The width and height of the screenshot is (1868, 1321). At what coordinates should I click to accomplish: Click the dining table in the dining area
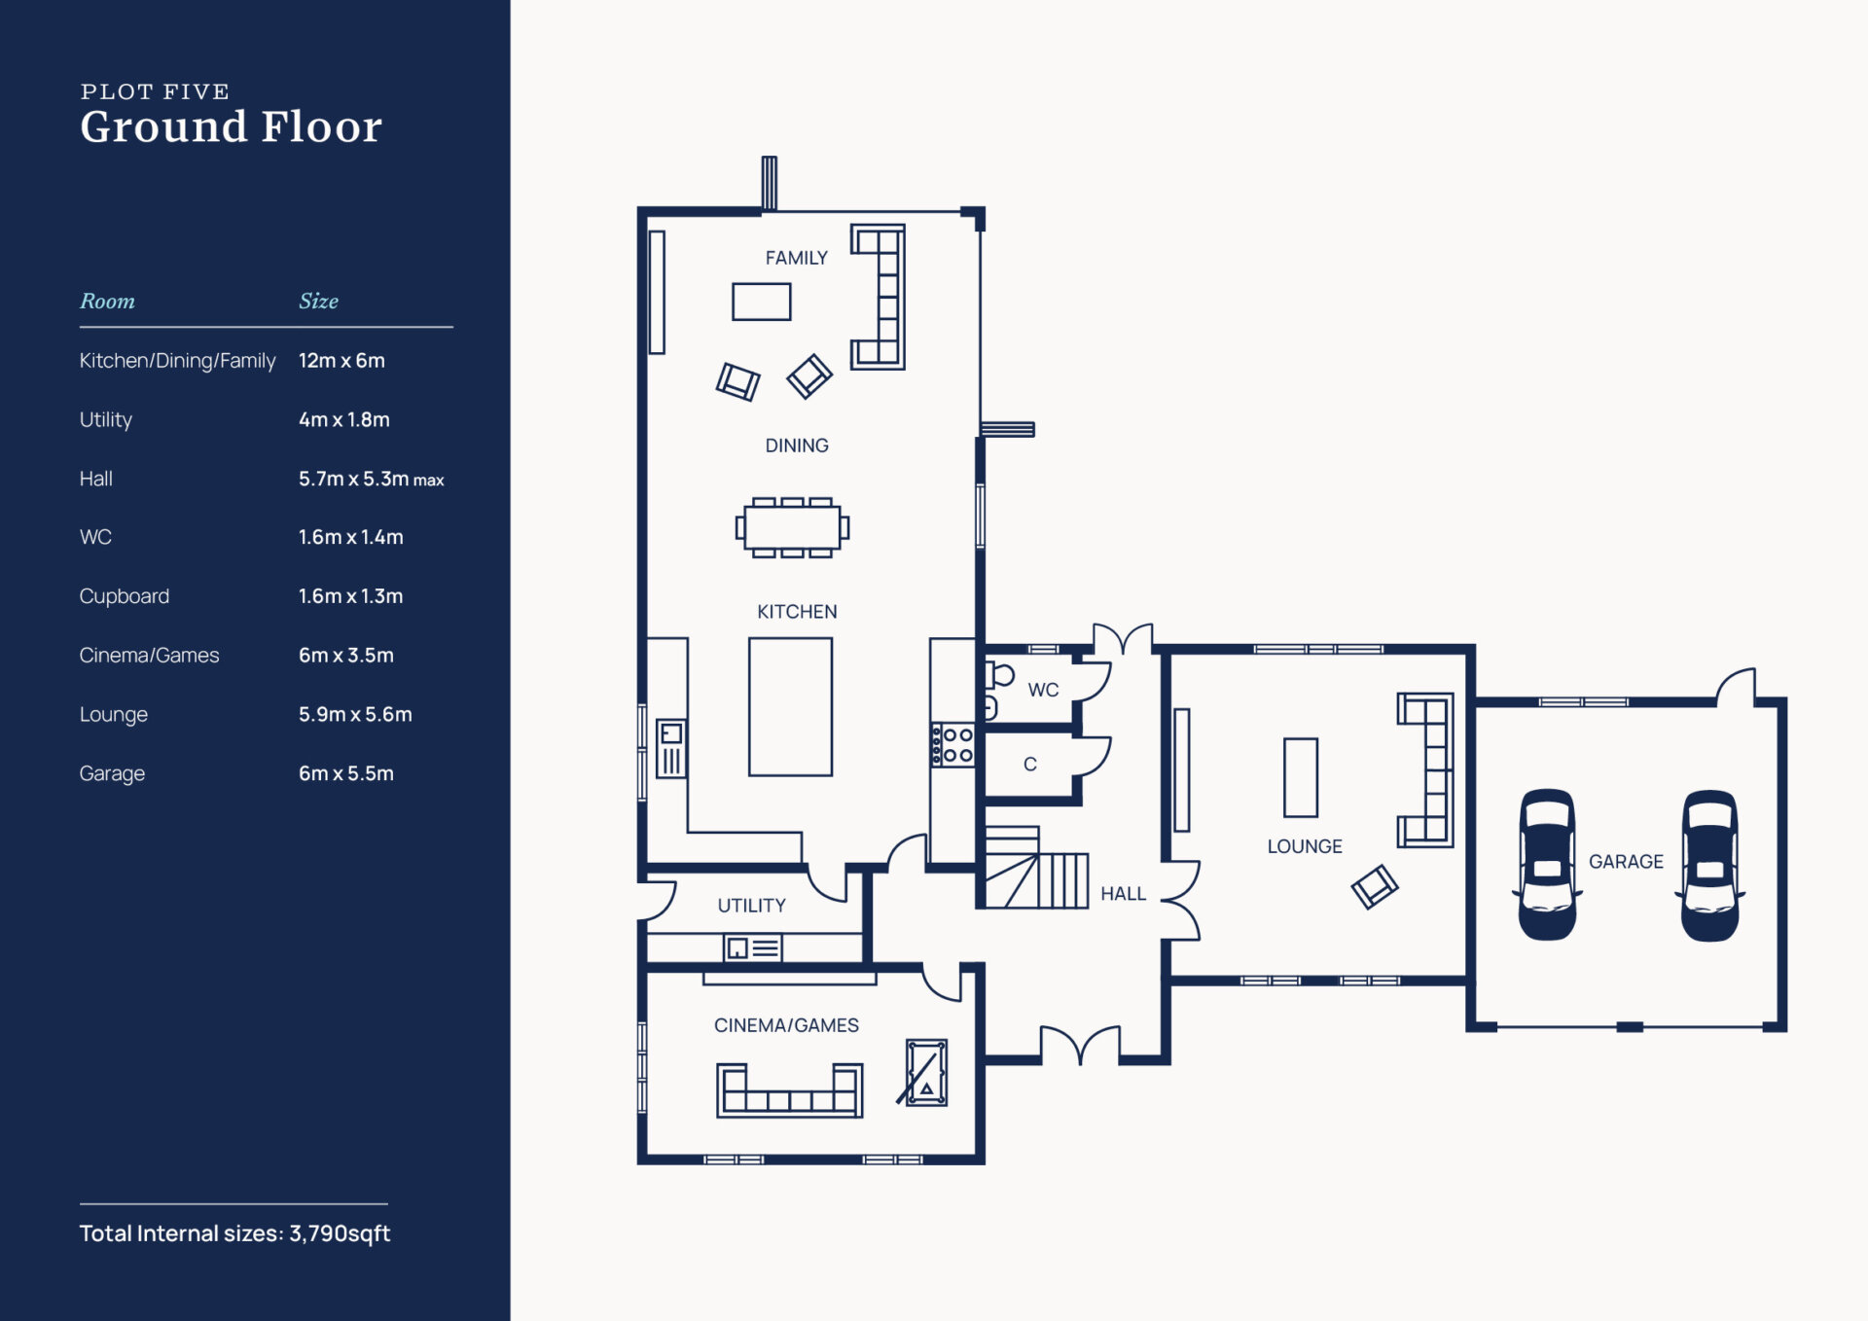click(x=792, y=527)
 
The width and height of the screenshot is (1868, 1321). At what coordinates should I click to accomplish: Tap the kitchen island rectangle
click(x=790, y=706)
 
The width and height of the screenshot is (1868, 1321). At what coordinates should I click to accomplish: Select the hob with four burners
click(x=952, y=745)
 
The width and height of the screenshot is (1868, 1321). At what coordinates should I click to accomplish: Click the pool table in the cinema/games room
click(x=925, y=1072)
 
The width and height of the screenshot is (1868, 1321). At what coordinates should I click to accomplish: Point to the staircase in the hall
click(x=1037, y=867)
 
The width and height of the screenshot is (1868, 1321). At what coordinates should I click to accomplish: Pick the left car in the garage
click(x=1547, y=864)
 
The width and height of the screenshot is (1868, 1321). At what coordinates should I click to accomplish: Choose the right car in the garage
click(x=1710, y=865)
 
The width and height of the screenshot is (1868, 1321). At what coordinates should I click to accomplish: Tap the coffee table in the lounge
click(x=1301, y=777)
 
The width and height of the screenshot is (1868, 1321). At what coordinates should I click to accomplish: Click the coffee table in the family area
click(x=762, y=302)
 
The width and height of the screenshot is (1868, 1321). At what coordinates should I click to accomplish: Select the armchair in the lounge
click(x=1375, y=886)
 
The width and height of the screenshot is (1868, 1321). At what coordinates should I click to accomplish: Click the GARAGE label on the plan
click(x=1626, y=862)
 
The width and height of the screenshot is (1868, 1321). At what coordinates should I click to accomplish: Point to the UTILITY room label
click(x=751, y=906)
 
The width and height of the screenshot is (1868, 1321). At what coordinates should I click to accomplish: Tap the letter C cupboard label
click(x=1030, y=765)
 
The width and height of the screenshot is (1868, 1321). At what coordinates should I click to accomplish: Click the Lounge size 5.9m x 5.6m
click(x=355, y=714)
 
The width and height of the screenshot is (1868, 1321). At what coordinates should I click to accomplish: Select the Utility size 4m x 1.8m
click(x=344, y=419)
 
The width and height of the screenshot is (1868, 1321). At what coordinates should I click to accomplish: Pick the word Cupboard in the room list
click(x=125, y=596)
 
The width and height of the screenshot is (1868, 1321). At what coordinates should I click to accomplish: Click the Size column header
click(x=318, y=301)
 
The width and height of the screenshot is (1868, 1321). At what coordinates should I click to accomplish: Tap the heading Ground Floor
click(x=232, y=126)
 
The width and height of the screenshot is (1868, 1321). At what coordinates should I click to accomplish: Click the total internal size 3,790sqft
click(x=340, y=1233)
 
